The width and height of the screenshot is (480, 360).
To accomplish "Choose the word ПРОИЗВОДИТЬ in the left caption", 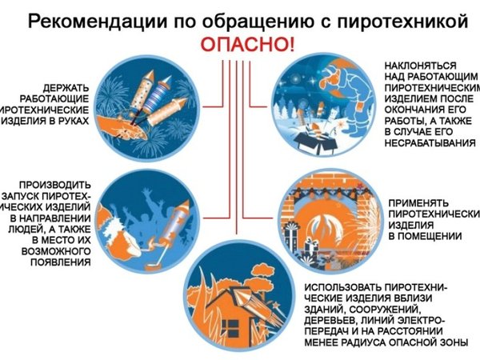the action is pyautogui.click(x=50, y=184).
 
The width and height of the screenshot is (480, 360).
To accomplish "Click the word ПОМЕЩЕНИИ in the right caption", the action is pyautogui.click(x=424, y=236).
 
